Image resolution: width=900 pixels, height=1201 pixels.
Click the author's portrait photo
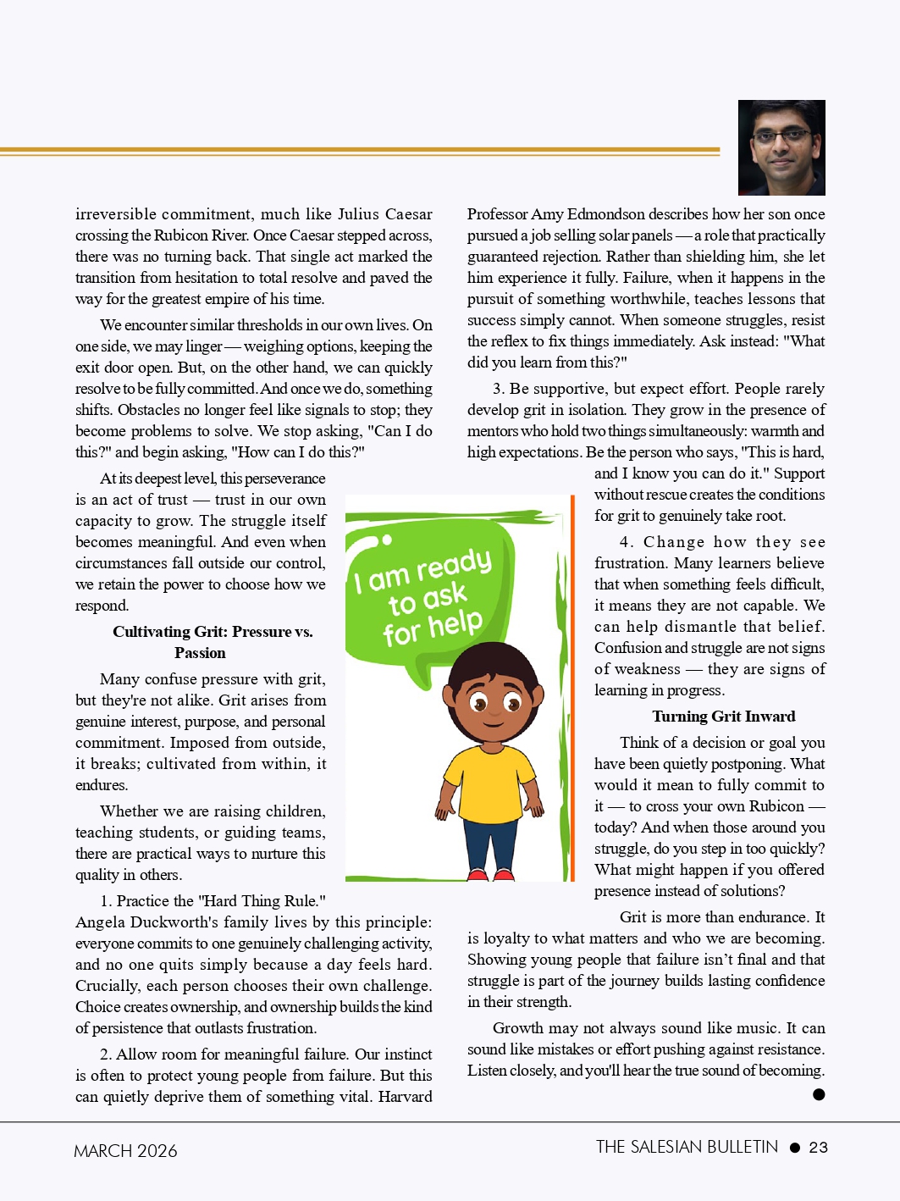781,147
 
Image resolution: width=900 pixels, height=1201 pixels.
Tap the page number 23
818,1148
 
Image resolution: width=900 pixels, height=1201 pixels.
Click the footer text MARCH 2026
125,1151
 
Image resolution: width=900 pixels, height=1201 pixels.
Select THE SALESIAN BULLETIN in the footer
687,1147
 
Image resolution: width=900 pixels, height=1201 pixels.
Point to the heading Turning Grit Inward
723,717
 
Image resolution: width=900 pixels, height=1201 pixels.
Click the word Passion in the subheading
200,653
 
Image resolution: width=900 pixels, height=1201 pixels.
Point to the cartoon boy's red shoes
491,873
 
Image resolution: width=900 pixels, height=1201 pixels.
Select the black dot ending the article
819,1094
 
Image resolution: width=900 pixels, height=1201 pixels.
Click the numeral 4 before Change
625,542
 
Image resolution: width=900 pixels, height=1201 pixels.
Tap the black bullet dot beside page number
794,1148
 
